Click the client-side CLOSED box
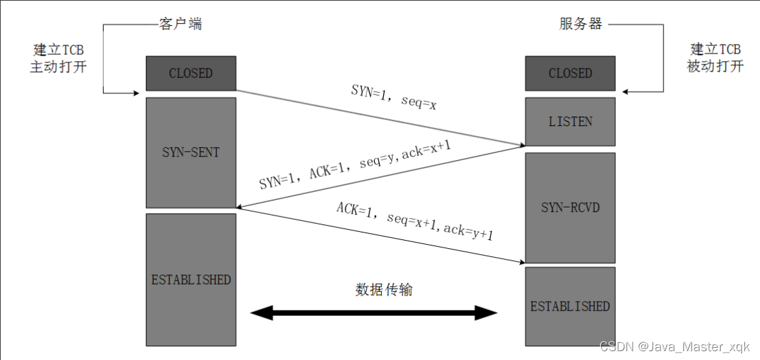pyautogui.click(x=191, y=73)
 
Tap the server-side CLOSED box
pyautogui.click(x=570, y=73)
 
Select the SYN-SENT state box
pyautogui.click(x=191, y=153)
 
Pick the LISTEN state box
pyautogui.click(x=570, y=121)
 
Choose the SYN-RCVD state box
pyautogui.click(x=570, y=207)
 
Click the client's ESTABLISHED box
pyautogui.click(x=191, y=279)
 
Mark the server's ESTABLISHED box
pyautogui.click(x=570, y=306)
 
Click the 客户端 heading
pyautogui.click(x=180, y=25)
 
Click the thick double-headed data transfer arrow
pyautogui.click(x=374, y=313)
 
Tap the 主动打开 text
pyautogui.click(x=58, y=68)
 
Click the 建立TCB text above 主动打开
pyautogui.click(x=58, y=50)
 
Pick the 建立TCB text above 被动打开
pyautogui.click(x=715, y=49)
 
